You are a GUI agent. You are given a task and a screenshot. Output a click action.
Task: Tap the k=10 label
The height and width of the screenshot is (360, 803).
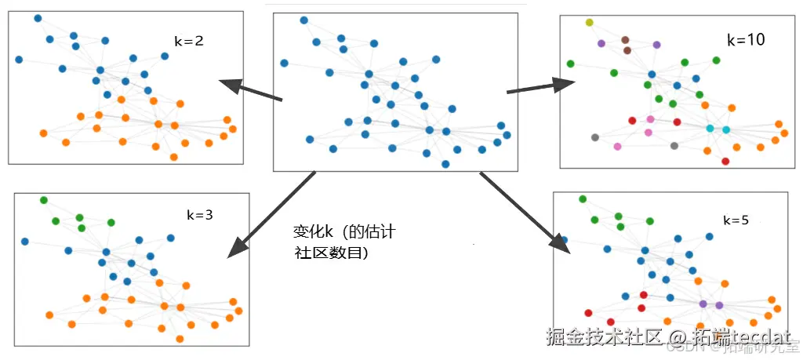745,39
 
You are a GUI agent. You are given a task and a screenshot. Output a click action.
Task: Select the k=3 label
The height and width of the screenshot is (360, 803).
199,213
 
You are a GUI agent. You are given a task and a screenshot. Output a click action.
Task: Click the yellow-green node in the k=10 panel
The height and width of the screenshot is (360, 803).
589,23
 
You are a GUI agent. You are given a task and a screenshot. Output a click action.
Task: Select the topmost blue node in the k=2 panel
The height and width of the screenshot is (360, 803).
38,18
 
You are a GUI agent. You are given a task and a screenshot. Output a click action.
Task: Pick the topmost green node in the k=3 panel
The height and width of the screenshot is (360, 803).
44,200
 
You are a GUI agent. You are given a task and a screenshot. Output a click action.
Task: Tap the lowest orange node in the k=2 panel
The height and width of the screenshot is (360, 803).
173,157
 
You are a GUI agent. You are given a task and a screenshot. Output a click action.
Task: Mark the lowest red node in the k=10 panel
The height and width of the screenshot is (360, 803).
725,162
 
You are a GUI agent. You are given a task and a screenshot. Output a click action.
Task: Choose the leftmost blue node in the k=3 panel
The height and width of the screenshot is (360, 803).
25,242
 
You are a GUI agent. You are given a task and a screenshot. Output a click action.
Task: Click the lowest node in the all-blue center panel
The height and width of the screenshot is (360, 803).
445,164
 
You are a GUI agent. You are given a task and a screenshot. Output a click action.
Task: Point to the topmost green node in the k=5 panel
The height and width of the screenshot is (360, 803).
583,199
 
